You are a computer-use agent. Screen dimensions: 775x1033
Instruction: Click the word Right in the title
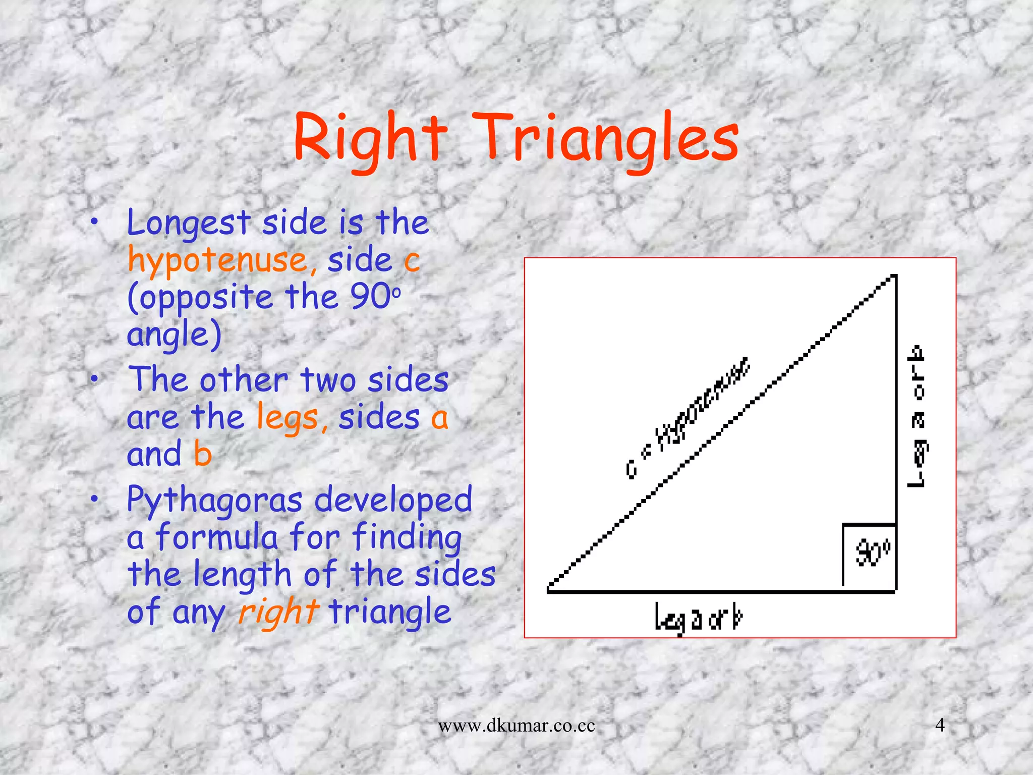pyautogui.click(x=370, y=139)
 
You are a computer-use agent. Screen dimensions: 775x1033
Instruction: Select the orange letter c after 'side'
pyautogui.click(x=412, y=261)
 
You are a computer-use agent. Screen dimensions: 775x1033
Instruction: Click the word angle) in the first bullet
pyautogui.click(x=174, y=335)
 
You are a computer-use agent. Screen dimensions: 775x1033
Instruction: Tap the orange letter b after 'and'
pyautogui.click(x=203, y=454)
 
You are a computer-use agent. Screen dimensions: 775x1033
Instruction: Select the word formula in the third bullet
pyautogui.click(x=217, y=537)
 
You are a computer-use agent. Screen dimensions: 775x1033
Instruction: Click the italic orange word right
pyautogui.click(x=278, y=612)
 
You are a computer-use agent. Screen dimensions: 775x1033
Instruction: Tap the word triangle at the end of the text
pyautogui.click(x=389, y=612)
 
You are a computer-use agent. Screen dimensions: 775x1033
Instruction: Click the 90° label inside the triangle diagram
pyautogui.click(x=873, y=554)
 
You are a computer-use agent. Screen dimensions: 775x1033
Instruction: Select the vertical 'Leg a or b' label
pyautogui.click(x=917, y=416)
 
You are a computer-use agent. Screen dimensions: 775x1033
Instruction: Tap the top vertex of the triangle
pyautogui.click(x=894, y=276)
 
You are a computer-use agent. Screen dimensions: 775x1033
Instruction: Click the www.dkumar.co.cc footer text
pyautogui.click(x=516, y=726)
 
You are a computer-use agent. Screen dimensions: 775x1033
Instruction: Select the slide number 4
pyautogui.click(x=940, y=725)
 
